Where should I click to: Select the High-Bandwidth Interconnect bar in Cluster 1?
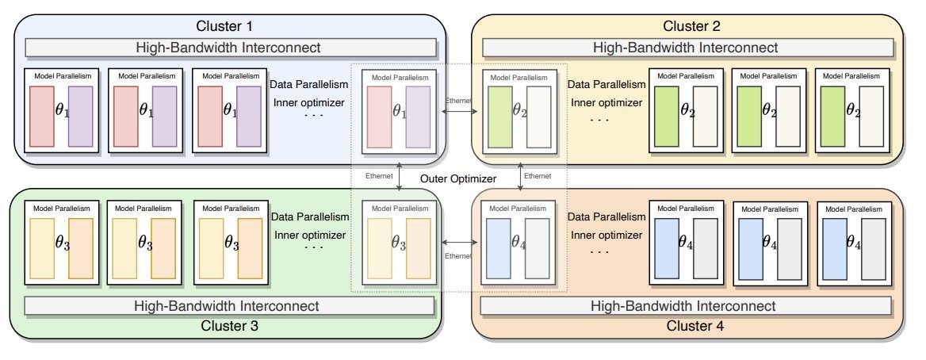point(231,47)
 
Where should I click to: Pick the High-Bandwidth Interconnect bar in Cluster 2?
point(687,47)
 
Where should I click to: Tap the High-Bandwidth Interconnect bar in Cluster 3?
point(230,305)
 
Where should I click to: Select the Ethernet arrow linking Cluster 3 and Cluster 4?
point(458,243)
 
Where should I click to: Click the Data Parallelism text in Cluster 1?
point(308,84)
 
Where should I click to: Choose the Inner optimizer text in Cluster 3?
point(309,235)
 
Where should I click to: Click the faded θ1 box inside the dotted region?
point(399,111)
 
